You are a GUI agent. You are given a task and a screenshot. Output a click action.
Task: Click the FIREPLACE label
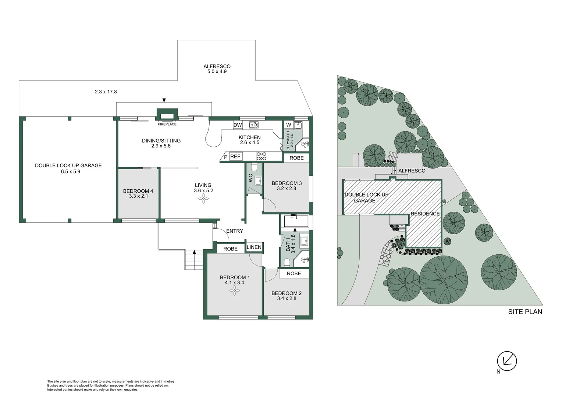coord(167,124)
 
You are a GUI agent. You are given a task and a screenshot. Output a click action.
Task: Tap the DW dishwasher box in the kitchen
coord(238,125)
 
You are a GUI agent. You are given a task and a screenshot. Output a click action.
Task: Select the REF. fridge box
coord(235,157)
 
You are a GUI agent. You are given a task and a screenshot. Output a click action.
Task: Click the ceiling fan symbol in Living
coord(203,199)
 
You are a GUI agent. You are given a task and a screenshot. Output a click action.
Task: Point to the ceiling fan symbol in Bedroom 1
coord(234,291)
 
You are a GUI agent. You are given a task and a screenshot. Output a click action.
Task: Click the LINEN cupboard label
coord(254,247)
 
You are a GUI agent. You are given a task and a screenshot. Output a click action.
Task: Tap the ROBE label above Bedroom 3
coord(296,158)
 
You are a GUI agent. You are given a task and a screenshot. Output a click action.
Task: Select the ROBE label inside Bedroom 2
coord(294,273)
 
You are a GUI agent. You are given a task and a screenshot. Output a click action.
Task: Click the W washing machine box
coord(289,125)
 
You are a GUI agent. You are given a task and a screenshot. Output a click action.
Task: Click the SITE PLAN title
coord(525,312)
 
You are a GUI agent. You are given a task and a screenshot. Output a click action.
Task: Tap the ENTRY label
coord(235,231)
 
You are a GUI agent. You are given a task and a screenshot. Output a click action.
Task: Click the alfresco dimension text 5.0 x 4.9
coord(217,72)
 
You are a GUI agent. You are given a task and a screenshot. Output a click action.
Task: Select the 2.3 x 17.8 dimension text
coord(106,92)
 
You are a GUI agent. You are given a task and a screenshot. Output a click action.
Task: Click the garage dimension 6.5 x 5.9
coord(71,171)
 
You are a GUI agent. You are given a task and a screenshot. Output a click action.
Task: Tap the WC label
coord(250,178)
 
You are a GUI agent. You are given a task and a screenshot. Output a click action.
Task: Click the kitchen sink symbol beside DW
coord(253,125)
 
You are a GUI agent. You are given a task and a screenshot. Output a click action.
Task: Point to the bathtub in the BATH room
coord(296,221)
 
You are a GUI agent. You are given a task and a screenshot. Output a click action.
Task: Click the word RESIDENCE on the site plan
coord(425,214)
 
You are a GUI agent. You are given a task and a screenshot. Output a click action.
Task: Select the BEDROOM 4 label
coord(138,191)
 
